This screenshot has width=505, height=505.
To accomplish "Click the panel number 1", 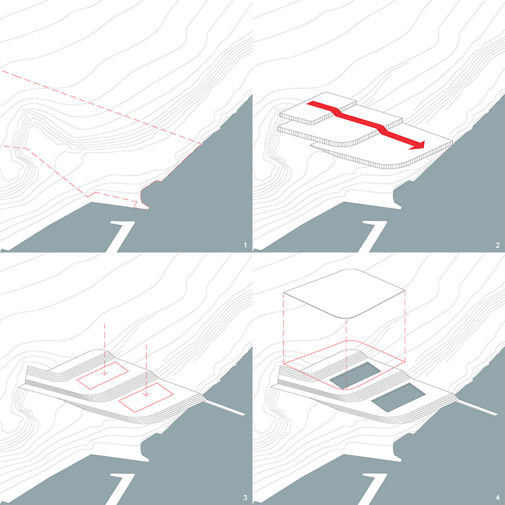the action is point(245,246).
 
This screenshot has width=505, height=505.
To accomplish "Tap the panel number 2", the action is point(497,246).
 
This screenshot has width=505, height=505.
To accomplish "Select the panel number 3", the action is point(245,498).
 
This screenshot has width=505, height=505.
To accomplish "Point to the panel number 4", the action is point(497,498).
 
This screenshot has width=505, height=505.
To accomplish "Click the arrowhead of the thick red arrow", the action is point(418,145).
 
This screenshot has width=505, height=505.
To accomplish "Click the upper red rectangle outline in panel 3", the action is point(102,375).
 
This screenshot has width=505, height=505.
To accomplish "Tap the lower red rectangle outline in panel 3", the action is point(146,397).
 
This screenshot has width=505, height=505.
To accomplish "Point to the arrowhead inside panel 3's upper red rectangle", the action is point(104,373).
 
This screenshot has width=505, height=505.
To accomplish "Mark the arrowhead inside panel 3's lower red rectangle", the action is point(146,394).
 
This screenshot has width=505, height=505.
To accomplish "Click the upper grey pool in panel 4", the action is point(355,375).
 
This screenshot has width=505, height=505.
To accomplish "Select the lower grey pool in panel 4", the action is point(399,397).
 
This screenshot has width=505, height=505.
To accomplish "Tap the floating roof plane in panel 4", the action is point(344,293).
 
